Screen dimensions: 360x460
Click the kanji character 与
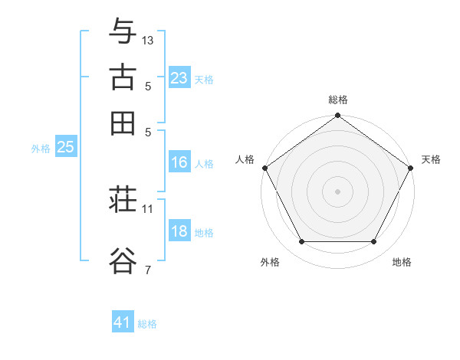coord(123,32)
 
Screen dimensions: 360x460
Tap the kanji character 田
coord(123,123)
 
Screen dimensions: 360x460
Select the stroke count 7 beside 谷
coord(147,269)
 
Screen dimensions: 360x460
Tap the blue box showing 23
coord(179,77)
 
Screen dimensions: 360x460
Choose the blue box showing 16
coord(179,162)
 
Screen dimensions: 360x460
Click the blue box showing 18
coord(179,232)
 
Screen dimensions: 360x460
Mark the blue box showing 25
coord(65,147)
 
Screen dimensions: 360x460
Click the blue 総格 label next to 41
coord(147,324)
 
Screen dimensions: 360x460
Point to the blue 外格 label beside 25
coord(41,149)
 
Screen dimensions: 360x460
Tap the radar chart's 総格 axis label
coord(337,100)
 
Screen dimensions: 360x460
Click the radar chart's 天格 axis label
coord(431,159)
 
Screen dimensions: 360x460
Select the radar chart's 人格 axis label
coord(245,159)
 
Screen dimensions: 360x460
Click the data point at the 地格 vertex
coord(374,242)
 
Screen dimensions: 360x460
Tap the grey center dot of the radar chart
coord(337,191)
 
